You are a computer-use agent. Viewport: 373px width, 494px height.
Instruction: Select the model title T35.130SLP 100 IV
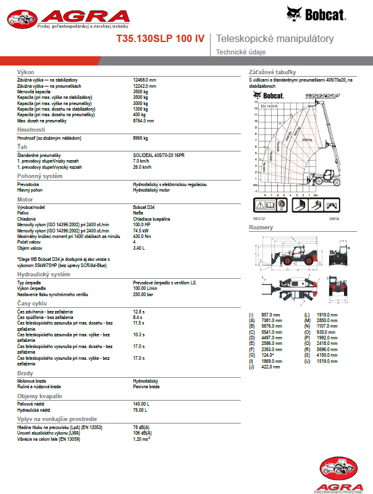click(161, 39)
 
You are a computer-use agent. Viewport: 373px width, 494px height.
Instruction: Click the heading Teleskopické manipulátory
click(274, 39)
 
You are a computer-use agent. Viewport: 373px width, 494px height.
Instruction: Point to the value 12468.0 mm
click(145, 80)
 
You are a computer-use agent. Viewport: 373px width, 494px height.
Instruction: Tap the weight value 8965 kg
click(141, 138)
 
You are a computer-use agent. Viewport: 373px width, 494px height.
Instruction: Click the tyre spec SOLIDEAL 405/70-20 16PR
click(158, 155)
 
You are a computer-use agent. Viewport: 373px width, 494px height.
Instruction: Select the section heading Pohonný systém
click(40, 176)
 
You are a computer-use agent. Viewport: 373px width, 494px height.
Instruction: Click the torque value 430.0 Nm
click(143, 236)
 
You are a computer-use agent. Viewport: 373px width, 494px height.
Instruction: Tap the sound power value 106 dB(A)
click(143, 432)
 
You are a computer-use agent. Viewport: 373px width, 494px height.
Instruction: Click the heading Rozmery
click(261, 228)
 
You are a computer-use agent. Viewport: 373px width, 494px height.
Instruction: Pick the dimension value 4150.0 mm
click(327, 355)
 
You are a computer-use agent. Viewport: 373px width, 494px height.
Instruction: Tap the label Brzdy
click(25, 374)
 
